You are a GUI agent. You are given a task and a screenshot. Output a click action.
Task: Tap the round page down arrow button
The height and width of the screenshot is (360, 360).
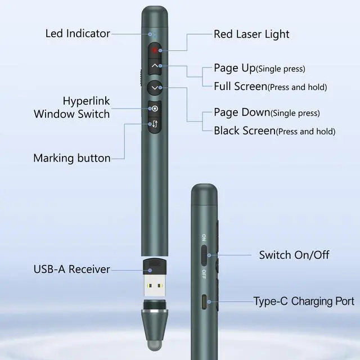(x=156, y=88)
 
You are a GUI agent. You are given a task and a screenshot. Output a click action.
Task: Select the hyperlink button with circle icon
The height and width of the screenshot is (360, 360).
(x=156, y=107)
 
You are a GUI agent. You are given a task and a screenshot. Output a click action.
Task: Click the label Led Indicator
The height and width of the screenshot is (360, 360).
(x=78, y=33)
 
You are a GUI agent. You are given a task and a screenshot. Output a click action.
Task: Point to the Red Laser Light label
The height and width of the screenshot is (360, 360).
(x=251, y=34)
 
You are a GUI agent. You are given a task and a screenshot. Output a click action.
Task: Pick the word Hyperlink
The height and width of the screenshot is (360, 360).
(x=86, y=101)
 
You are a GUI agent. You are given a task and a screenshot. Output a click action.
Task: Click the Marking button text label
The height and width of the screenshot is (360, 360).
(x=72, y=158)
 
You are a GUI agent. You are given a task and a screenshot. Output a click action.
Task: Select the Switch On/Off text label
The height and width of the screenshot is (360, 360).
(x=294, y=255)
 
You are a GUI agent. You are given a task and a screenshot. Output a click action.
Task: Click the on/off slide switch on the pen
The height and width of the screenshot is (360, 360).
(x=205, y=254)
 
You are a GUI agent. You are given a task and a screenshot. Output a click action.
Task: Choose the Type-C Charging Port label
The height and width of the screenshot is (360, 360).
(x=304, y=301)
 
